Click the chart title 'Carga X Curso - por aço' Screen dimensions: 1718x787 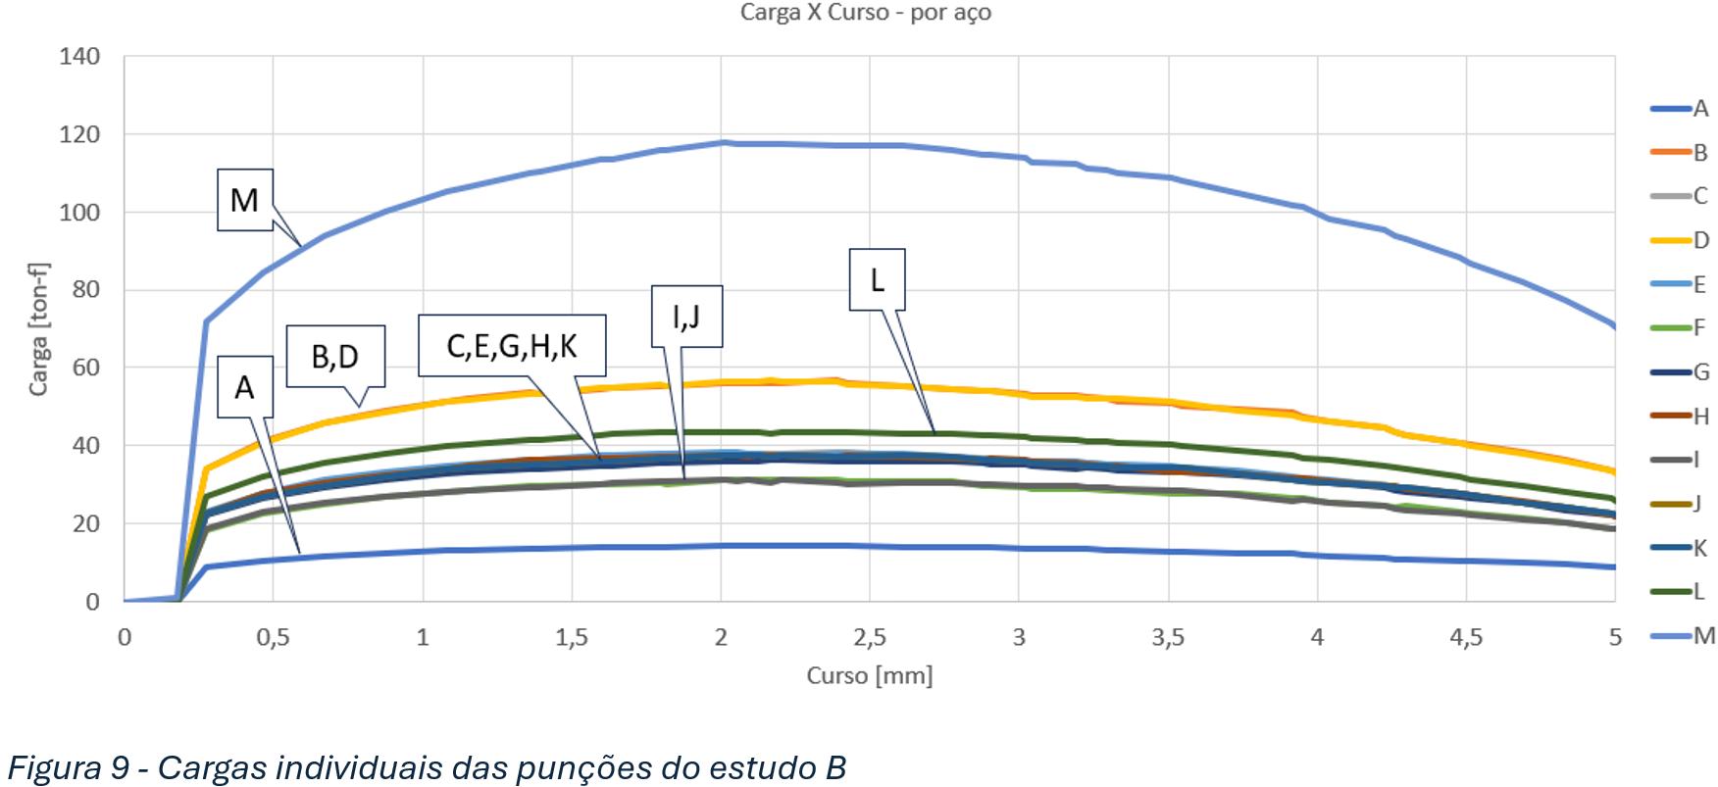pos(865,13)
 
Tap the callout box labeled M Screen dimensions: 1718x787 pos(245,200)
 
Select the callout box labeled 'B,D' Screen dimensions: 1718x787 pos(334,357)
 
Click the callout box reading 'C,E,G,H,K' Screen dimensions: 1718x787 pos(511,345)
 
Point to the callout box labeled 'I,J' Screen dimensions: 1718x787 pos(686,316)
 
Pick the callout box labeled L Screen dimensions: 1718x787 pos(877,280)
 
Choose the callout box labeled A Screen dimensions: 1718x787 pos(244,388)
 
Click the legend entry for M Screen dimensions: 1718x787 pos(1682,635)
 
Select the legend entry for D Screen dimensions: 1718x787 pos(1680,240)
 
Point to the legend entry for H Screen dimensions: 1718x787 pos(1680,416)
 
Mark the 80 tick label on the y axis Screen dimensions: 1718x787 pos(86,290)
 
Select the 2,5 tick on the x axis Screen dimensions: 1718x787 pos(870,637)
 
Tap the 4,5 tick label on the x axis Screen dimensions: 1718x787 pos(1466,637)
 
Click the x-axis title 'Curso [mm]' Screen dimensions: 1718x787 pos(870,675)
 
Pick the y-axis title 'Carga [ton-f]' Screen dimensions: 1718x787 pos(38,327)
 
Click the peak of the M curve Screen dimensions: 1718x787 pos(723,142)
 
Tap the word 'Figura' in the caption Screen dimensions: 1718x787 pos(59,767)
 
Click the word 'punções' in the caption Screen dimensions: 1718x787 pos(568,768)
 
